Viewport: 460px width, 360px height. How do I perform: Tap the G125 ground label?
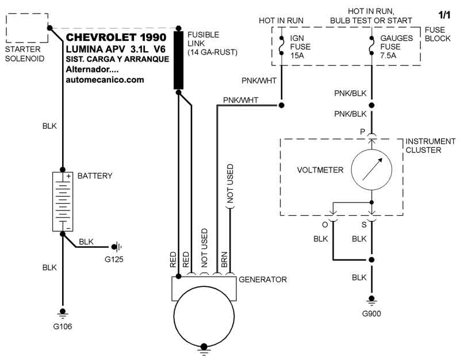pyautogui.click(x=114, y=259)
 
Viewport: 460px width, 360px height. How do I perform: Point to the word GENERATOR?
pyautogui.click(x=262, y=280)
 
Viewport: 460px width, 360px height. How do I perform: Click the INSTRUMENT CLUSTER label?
pyautogui.click(x=430, y=145)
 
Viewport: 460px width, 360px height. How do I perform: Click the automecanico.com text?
pyautogui.click(x=105, y=80)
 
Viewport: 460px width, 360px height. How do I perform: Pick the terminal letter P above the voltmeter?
pyautogui.click(x=362, y=132)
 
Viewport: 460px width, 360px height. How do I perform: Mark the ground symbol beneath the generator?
pyautogui.click(x=202, y=347)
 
